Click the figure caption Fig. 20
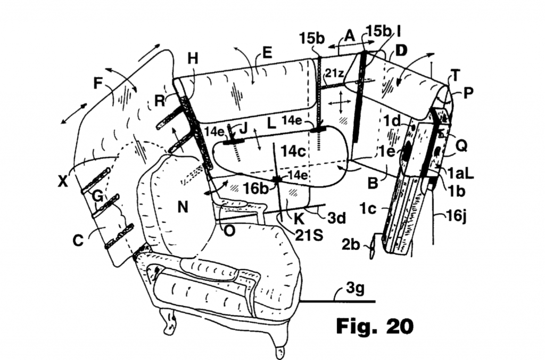375,326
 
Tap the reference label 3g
355,288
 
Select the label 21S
309,235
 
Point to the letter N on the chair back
183,207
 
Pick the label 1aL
460,173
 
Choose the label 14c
293,151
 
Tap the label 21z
334,73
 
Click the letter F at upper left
98,84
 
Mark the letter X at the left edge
63,181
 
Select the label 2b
350,244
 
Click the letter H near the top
193,59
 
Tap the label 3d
337,218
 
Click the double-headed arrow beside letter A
352,44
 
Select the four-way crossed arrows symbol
340,102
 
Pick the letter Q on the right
461,146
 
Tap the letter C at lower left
78,240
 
